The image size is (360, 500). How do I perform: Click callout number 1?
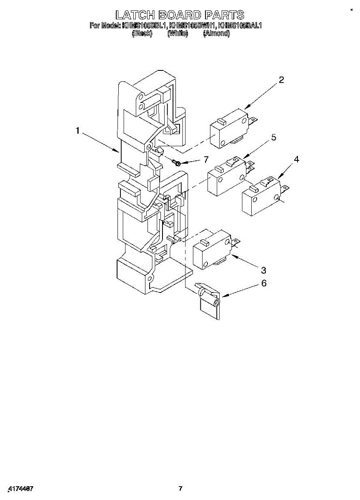pyautogui.click(x=78, y=131)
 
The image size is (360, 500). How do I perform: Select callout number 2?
pyautogui.click(x=282, y=80)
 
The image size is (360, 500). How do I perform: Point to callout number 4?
pyautogui.click(x=296, y=160)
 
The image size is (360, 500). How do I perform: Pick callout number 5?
pyautogui.click(x=274, y=137)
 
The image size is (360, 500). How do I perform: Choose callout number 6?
pyautogui.click(x=264, y=283)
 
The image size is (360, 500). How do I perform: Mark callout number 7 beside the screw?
pyautogui.click(x=205, y=159)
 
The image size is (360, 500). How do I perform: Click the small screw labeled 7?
pyautogui.click(x=177, y=162)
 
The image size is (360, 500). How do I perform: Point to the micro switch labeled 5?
pyautogui.click(x=227, y=177)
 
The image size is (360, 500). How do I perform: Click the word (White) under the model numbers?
pyautogui.click(x=177, y=34)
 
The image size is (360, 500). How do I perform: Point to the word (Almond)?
pyautogui.click(x=216, y=34)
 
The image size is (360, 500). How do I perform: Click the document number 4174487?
pyautogui.click(x=21, y=488)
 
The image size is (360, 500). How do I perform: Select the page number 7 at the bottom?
pyautogui.click(x=180, y=489)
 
